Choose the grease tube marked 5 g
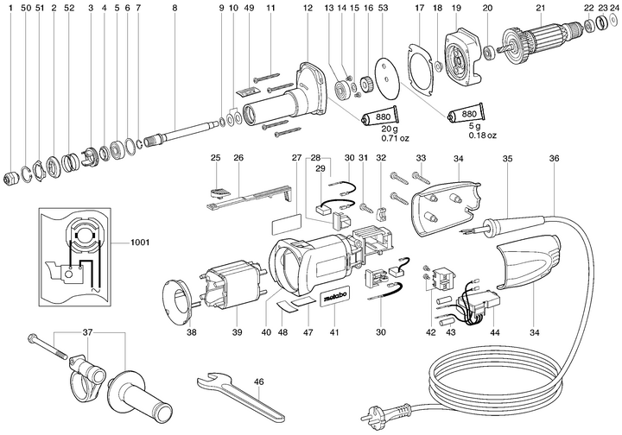tap(467, 115)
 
